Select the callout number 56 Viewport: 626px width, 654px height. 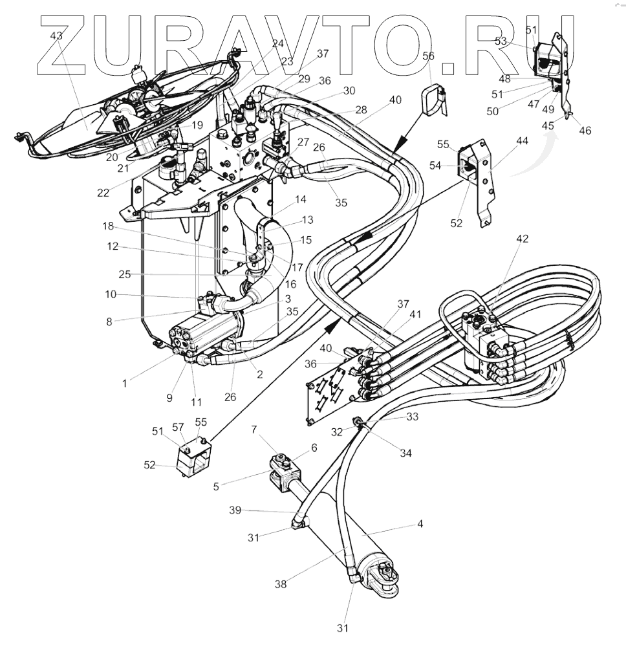pos(428,56)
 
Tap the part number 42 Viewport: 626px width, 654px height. pos(522,239)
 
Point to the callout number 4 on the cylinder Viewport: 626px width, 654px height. pos(420,524)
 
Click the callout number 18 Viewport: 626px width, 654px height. pos(107,227)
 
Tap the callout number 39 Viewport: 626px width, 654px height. pos(235,510)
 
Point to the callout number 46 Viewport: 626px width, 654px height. pos(585,130)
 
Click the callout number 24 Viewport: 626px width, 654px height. pos(278,44)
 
